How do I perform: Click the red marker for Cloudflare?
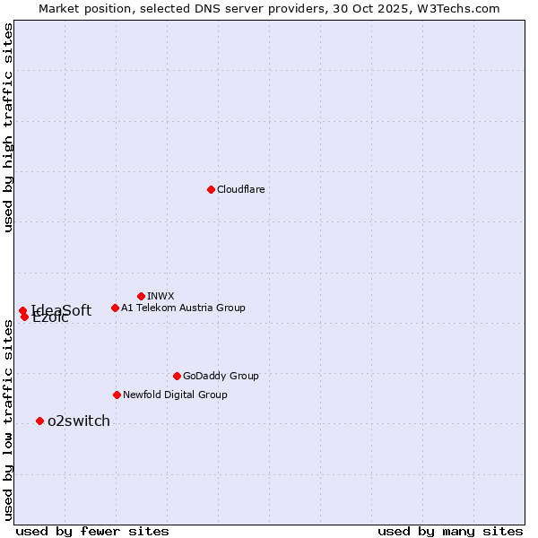(x=211, y=189)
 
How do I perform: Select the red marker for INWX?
(x=141, y=296)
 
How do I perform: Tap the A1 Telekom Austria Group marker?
(x=115, y=308)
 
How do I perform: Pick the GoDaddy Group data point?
(x=177, y=376)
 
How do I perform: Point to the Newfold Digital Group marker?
(x=117, y=395)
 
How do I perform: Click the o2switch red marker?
(x=39, y=421)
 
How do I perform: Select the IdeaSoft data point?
(x=22, y=310)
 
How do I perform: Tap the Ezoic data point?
(x=24, y=317)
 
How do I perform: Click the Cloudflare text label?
(x=240, y=189)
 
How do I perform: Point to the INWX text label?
(x=161, y=296)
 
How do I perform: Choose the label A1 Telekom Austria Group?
(x=183, y=308)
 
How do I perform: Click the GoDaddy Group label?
(x=221, y=376)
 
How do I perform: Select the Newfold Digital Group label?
(x=175, y=395)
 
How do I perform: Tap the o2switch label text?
(x=79, y=421)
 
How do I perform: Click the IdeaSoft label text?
(x=62, y=310)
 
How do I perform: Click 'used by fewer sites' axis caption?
(x=92, y=531)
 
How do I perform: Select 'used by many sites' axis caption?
(x=450, y=531)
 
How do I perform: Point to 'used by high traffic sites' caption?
(x=9, y=127)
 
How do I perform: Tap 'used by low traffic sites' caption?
(x=9, y=420)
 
